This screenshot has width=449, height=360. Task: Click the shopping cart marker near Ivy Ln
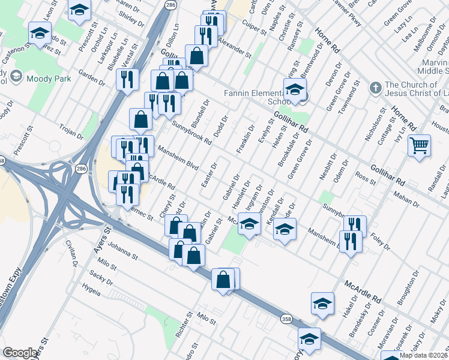[418, 145]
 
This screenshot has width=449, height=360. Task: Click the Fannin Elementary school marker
[294, 91]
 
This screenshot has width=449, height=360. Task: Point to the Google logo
[20, 353]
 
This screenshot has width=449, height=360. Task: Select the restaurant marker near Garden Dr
[127, 80]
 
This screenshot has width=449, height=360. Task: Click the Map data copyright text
[424, 355]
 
